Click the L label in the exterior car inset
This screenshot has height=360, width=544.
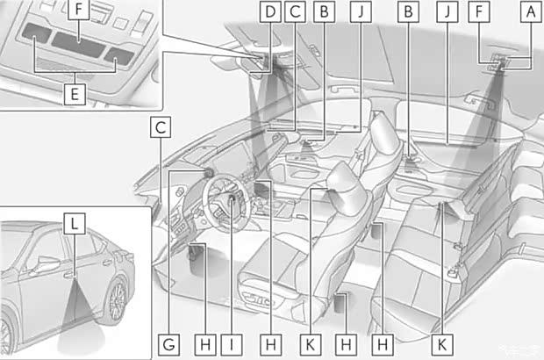click(x=76, y=224)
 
